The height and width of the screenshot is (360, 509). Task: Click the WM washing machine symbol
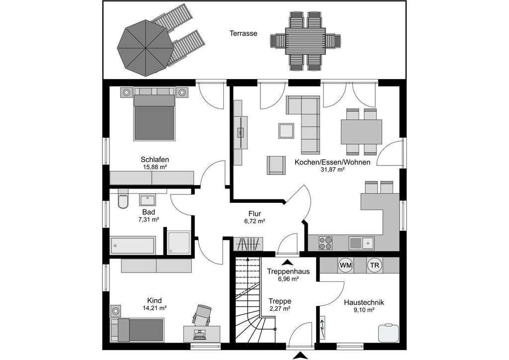pos(345,266)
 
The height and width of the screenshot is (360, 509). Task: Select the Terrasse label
pos(243,33)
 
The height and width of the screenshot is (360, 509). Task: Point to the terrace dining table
pos(304,41)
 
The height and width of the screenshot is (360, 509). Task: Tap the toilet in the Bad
pos(123,200)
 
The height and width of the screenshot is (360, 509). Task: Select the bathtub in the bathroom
pos(133,245)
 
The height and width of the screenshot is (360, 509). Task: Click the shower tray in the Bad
pos(178,242)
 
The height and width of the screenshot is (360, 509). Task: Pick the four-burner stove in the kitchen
pos(326,243)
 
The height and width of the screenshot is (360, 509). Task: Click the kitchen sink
pos(361,243)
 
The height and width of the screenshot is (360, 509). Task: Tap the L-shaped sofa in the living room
pos(307,122)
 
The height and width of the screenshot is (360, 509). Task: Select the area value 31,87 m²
pos(333,170)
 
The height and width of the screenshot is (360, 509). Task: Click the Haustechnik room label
pos(363,302)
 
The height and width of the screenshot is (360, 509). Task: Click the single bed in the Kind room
pos(138,330)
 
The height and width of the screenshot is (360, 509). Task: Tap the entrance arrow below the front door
pos(300,355)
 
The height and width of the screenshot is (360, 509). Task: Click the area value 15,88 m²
pos(155,167)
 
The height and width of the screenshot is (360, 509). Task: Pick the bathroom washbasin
pos(148,200)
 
